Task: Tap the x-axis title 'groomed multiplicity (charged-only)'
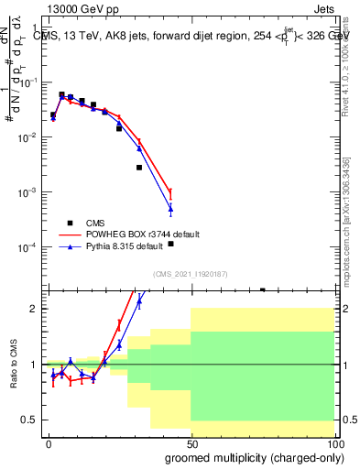(x=255, y=457)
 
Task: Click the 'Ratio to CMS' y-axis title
(x=14, y=377)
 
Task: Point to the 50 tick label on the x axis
(x=191, y=442)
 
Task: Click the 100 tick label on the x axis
(x=332, y=442)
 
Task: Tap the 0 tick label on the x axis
(x=49, y=442)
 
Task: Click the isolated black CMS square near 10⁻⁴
(x=170, y=244)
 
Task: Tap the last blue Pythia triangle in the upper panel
(x=170, y=210)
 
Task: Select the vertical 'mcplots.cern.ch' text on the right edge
(x=345, y=238)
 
